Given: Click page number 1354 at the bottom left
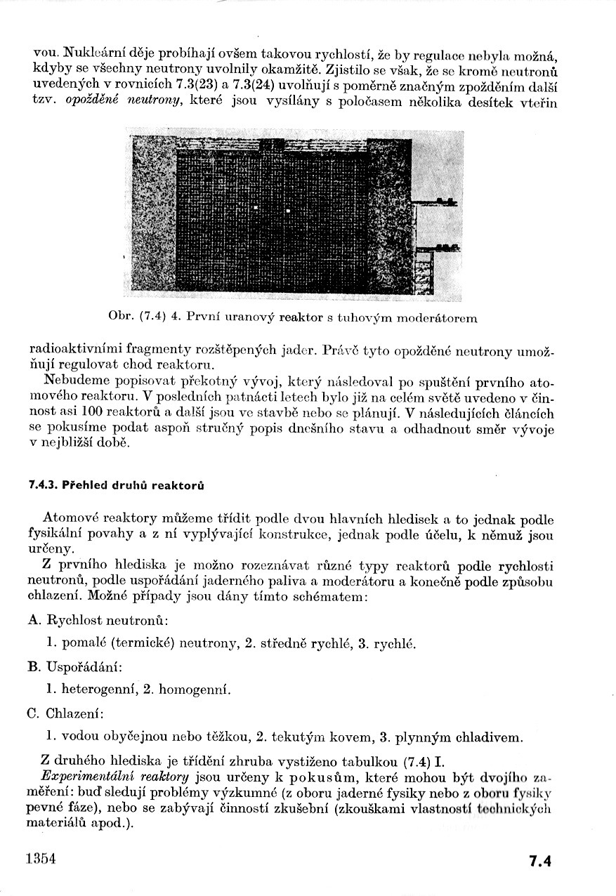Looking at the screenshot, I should [x=39, y=859].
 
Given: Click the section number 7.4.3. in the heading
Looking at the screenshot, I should [x=44, y=485].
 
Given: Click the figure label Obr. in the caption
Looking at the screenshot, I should [x=121, y=317].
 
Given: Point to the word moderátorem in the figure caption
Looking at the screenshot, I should [x=436, y=317].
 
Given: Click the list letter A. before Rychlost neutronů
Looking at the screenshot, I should [x=34, y=620].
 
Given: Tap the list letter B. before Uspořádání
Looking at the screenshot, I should [x=34, y=666].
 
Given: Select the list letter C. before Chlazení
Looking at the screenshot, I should [x=34, y=713].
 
